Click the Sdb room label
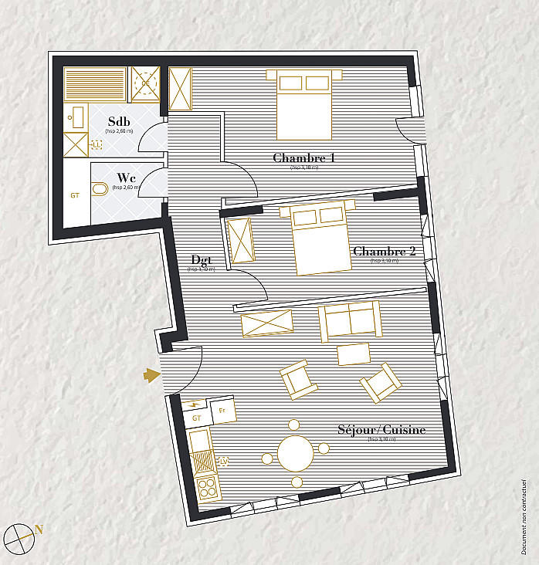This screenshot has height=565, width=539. click(x=119, y=122)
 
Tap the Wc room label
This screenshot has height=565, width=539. click(x=127, y=177)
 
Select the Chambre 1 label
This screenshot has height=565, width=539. click(x=303, y=158)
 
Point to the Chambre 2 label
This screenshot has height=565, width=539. click(x=384, y=252)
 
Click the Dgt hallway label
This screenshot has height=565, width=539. click(x=202, y=260)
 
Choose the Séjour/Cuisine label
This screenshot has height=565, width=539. click(x=381, y=430)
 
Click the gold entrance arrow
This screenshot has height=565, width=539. click(x=151, y=375)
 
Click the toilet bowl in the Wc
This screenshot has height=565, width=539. click(x=100, y=190)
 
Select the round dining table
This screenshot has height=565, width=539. click(x=295, y=453)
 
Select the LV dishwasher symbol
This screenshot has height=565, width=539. click(x=225, y=462)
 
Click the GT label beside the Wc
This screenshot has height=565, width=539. click(x=75, y=195)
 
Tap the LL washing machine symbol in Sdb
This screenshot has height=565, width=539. click(x=97, y=144)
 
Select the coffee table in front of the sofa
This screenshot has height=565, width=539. click(x=354, y=354)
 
